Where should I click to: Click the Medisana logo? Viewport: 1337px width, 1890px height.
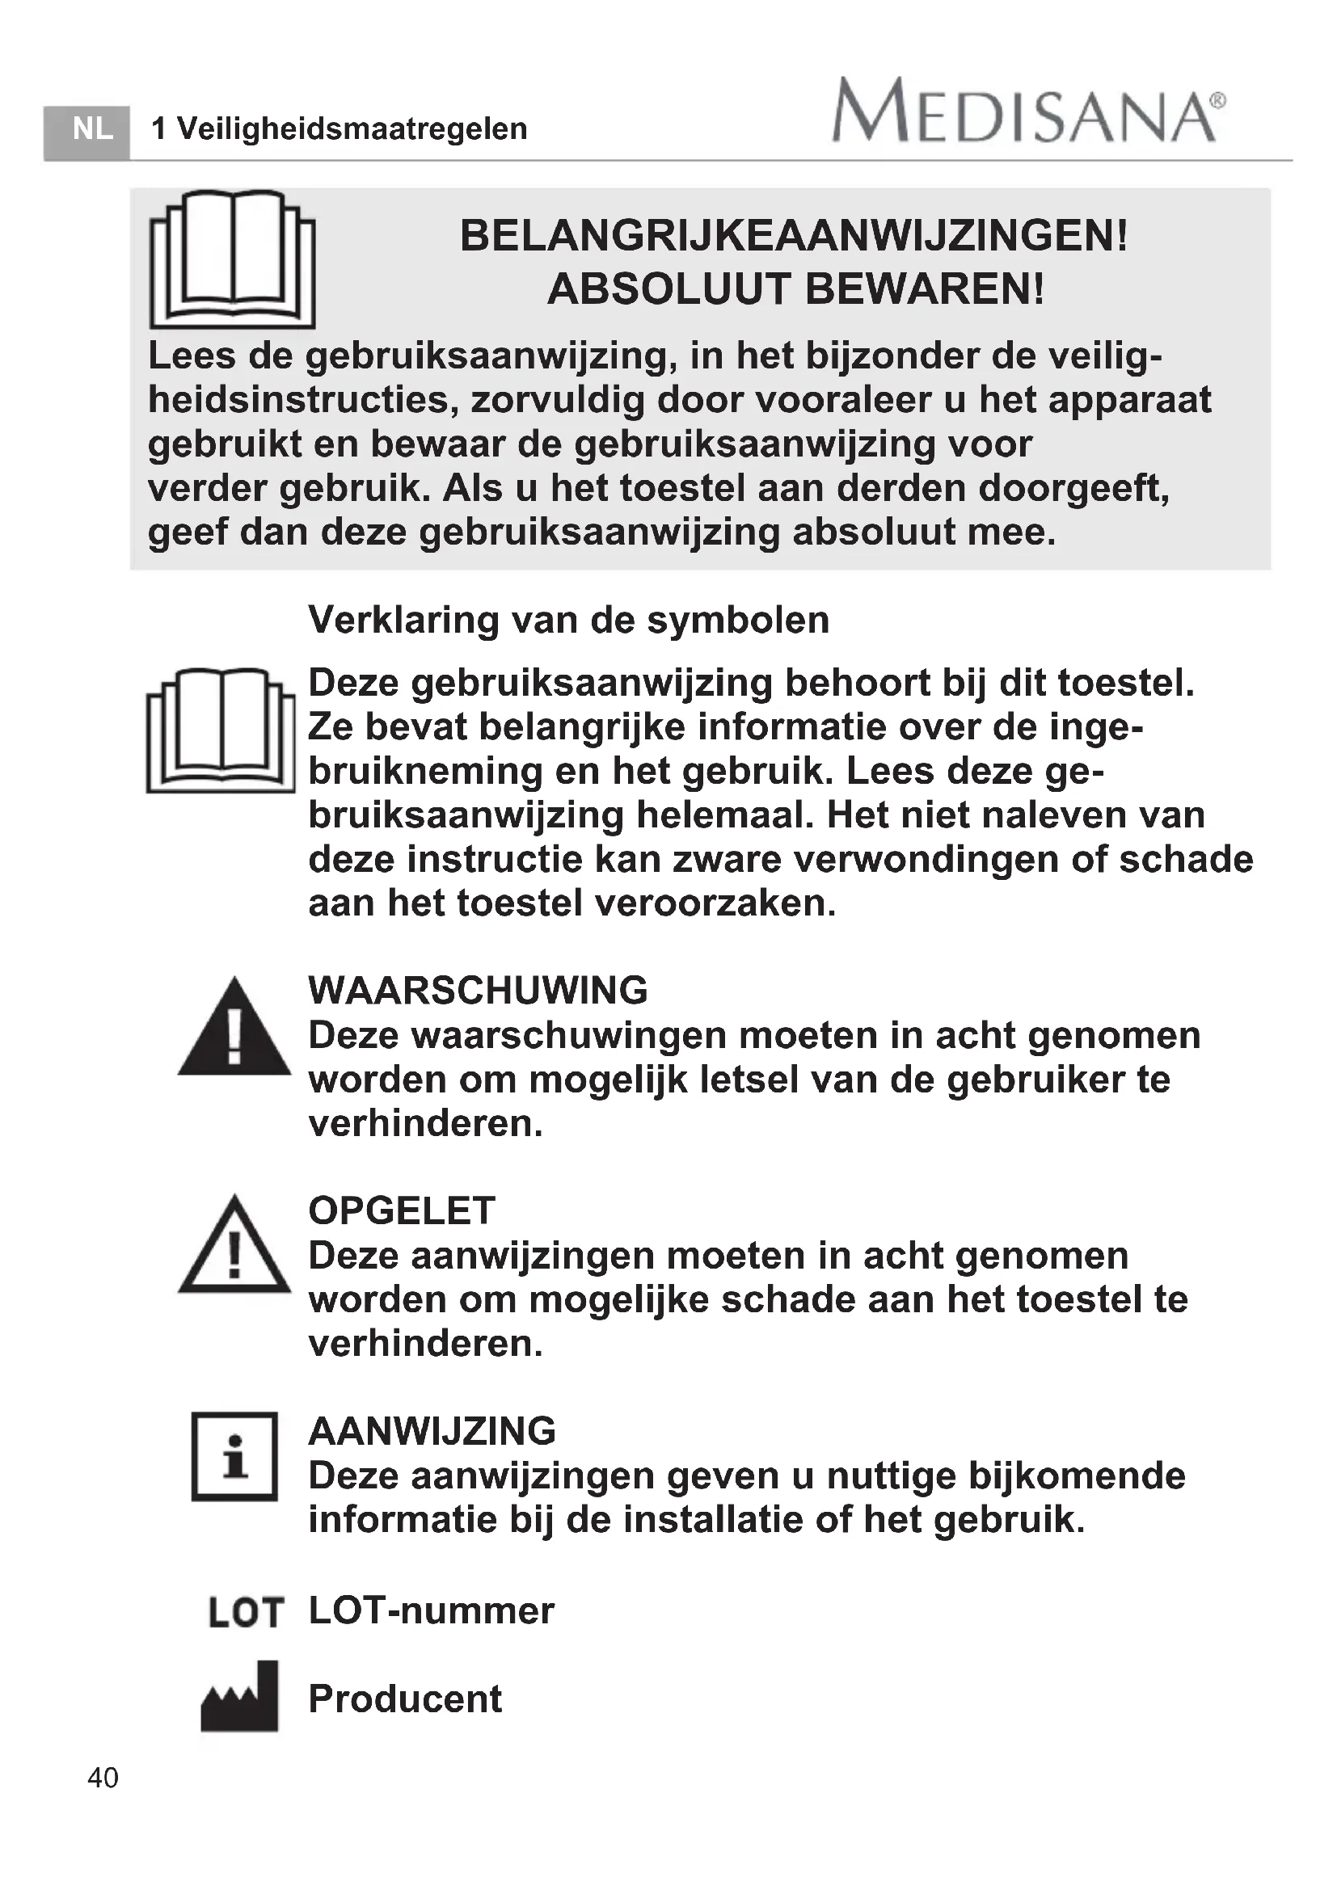1028,112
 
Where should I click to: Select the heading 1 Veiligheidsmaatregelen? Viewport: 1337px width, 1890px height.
340,129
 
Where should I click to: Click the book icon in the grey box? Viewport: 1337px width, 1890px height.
232,259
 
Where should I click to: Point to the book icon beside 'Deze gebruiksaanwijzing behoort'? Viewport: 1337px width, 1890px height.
221,730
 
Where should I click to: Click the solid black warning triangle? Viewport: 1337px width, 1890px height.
234,1027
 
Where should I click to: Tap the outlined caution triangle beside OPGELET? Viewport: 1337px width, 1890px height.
234,1245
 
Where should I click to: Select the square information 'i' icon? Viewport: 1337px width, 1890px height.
234,1456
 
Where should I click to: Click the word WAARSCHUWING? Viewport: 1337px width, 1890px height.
479,991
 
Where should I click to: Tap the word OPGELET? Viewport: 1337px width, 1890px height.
402,1211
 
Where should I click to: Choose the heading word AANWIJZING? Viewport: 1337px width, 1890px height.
432,1432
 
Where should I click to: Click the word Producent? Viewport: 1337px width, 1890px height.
405,1699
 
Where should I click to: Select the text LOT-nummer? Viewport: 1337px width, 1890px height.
432,1611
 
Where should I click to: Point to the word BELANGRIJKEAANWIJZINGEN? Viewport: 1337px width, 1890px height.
794,236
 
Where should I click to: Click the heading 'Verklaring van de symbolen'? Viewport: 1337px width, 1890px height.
569,620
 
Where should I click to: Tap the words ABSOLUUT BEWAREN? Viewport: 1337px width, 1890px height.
796,289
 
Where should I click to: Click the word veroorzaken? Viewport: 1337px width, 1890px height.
715,903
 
